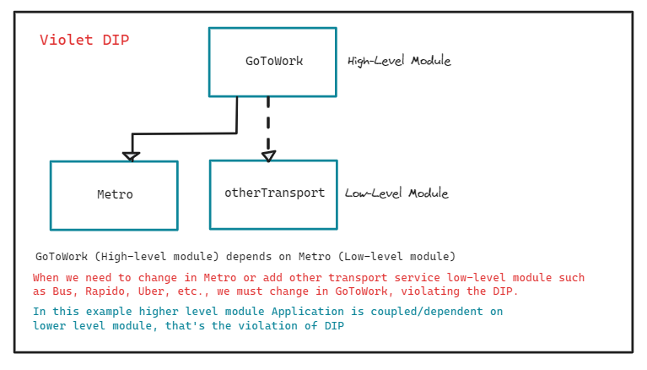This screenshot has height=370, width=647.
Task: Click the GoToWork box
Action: (x=272, y=62)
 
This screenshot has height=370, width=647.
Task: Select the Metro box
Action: (x=114, y=195)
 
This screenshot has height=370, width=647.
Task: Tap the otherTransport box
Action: (x=273, y=193)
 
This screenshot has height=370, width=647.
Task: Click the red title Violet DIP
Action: (x=84, y=41)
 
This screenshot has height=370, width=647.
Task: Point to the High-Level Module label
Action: (x=399, y=61)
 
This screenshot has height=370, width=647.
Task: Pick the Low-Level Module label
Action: (x=396, y=193)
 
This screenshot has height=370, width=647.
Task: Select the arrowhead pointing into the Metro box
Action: (x=131, y=155)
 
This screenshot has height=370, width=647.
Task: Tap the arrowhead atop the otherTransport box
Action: (x=268, y=155)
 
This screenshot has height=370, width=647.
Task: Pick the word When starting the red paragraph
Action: (x=47, y=278)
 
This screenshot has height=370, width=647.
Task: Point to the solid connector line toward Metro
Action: (x=186, y=133)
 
